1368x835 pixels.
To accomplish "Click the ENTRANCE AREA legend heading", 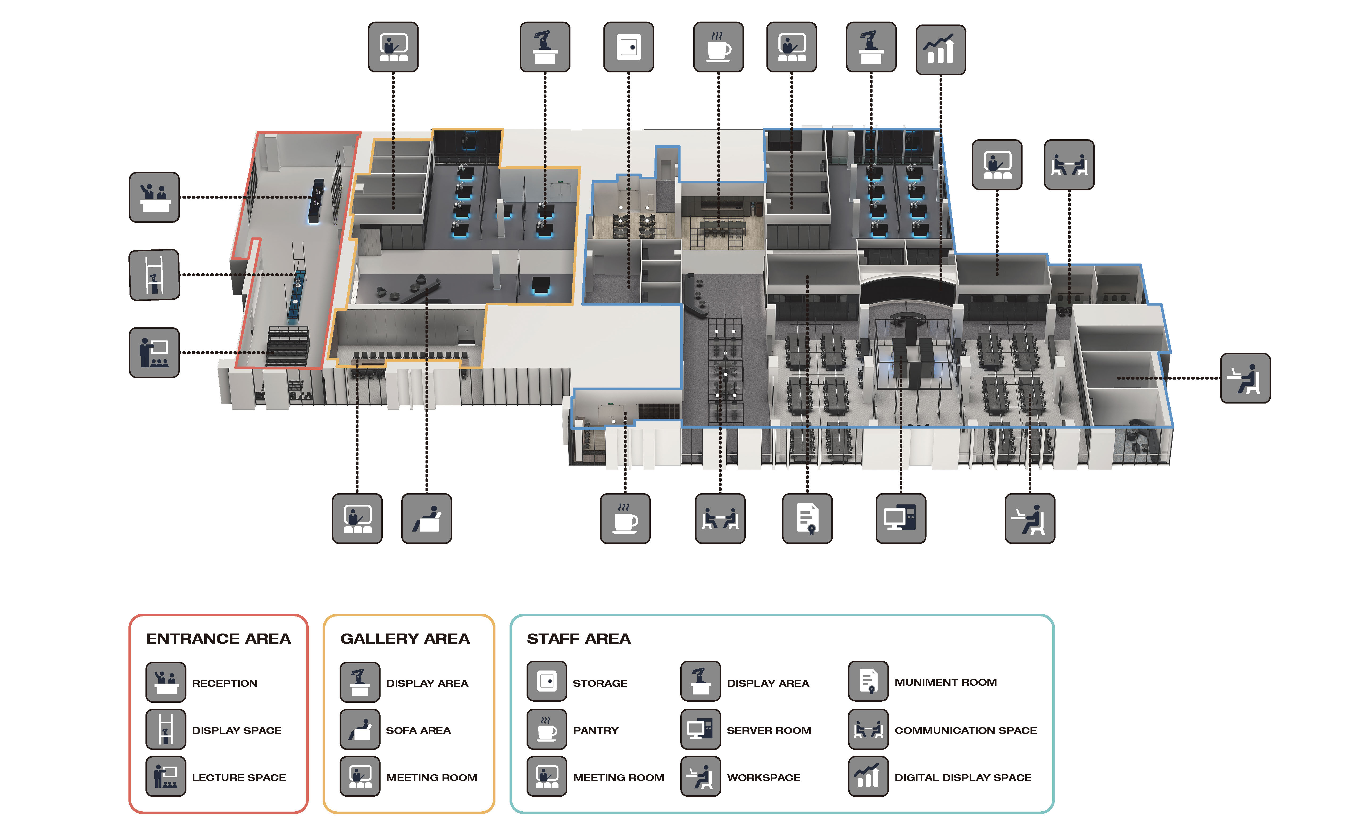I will pyautogui.click(x=218, y=639).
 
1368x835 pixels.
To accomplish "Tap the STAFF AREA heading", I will pyautogui.click(x=578, y=639).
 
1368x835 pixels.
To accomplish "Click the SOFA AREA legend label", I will pyautogui.click(x=418, y=731).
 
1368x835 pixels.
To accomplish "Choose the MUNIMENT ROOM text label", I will pyautogui.click(x=945, y=682).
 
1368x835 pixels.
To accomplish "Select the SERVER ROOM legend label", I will pyautogui.click(x=769, y=731).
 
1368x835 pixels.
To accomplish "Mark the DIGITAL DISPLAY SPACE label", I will pyautogui.click(x=963, y=778).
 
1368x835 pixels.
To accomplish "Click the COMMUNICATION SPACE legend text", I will pyautogui.click(x=965, y=731).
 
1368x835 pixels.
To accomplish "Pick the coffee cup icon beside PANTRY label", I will pyautogui.click(x=547, y=729).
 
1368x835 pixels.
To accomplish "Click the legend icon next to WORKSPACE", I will pyautogui.click(x=701, y=776).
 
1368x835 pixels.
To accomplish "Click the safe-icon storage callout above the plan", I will pyautogui.click(x=628, y=47).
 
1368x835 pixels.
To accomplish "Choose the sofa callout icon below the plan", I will pyautogui.click(x=426, y=518).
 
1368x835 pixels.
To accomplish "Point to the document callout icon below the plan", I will pyautogui.click(x=807, y=518).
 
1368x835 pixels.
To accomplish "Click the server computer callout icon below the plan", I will pyautogui.click(x=900, y=518).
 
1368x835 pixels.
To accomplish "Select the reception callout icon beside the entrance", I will pyautogui.click(x=154, y=197).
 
